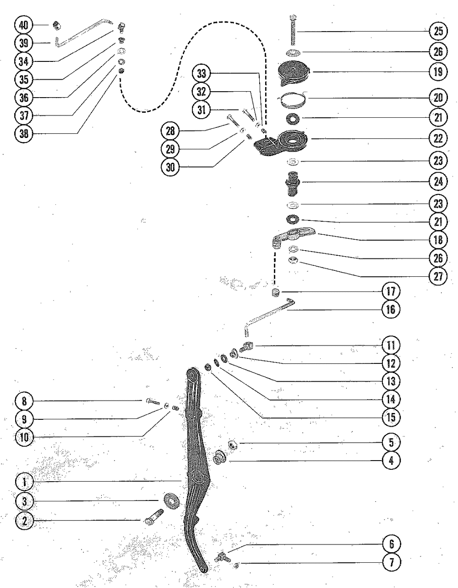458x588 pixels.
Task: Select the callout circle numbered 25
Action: click(x=438, y=32)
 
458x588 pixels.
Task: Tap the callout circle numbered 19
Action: click(x=438, y=71)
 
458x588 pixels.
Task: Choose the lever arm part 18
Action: click(x=294, y=236)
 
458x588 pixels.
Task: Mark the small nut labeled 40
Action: click(x=57, y=25)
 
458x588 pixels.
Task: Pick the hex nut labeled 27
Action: click(x=294, y=261)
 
